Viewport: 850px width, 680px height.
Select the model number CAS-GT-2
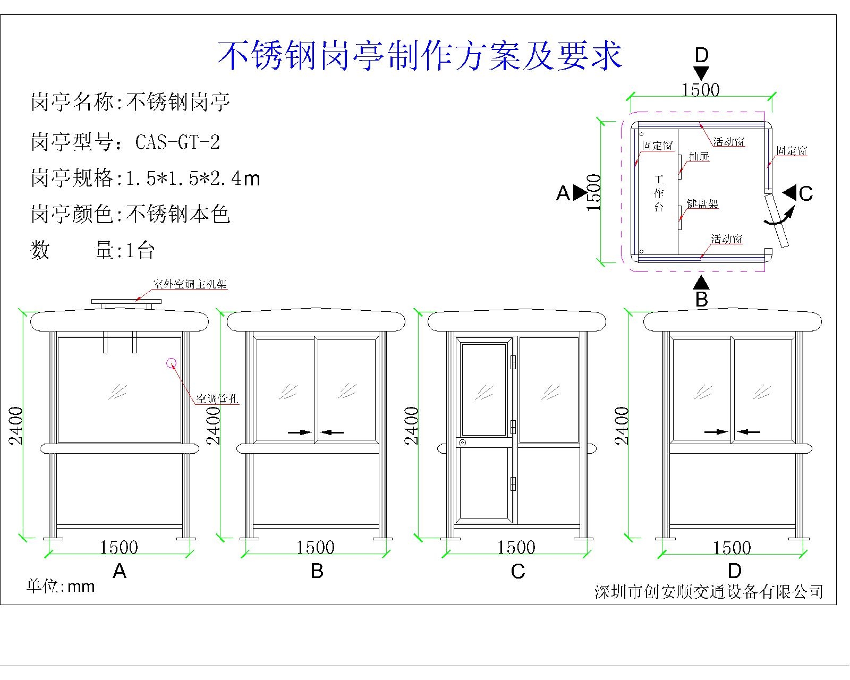pyautogui.click(x=177, y=142)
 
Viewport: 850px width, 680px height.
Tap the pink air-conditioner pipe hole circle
pyautogui.click(x=172, y=363)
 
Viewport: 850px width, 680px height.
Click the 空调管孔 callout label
pyautogui.click(x=217, y=398)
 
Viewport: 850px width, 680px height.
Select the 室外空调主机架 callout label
pyautogui.click(x=190, y=285)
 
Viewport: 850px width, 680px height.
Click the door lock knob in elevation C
pyautogui.click(x=463, y=443)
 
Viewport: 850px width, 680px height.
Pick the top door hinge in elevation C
pyautogui.click(x=513, y=362)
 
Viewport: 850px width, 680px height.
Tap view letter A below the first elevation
pyautogui.click(x=120, y=571)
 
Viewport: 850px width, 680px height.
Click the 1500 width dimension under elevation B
pyautogui.click(x=315, y=548)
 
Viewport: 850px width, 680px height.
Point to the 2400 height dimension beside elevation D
pyautogui.click(x=623, y=425)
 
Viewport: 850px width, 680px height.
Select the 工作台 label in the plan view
pyautogui.click(x=659, y=193)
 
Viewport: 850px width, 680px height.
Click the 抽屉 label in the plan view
pyautogui.click(x=699, y=157)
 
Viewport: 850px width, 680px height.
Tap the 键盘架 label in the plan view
pyautogui.click(x=702, y=204)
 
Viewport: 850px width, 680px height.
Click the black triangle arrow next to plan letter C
pyautogui.click(x=789, y=192)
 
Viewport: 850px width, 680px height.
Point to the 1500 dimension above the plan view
pyautogui.click(x=700, y=90)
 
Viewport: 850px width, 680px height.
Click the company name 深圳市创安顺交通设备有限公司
pyautogui.click(x=709, y=591)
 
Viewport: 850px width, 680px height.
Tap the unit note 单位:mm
pyautogui.click(x=61, y=586)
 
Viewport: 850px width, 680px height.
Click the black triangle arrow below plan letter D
pyautogui.click(x=701, y=73)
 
